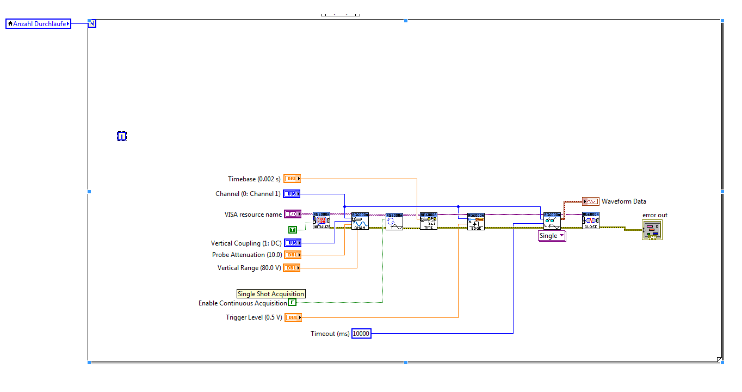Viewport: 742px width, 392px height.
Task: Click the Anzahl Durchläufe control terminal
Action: [38, 24]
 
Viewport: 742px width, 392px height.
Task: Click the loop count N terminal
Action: [92, 23]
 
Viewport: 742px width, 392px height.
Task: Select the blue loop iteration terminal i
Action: [122, 136]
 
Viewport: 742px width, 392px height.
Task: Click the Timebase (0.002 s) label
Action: [254, 179]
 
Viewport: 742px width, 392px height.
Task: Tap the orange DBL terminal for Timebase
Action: [292, 179]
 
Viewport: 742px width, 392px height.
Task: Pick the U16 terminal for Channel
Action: [292, 194]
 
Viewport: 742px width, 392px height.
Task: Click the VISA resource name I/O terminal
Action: [293, 215]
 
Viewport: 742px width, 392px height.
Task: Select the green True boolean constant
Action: [293, 230]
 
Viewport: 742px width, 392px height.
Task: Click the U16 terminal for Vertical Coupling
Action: [292, 243]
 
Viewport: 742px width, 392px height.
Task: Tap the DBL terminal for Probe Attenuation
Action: [292, 255]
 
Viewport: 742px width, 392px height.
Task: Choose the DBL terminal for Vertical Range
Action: [292, 268]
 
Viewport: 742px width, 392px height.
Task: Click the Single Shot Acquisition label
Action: [271, 294]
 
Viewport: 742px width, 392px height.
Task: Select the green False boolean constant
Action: [292, 303]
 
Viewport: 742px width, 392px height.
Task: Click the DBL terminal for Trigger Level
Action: [293, 317]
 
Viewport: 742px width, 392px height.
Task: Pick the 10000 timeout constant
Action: [361, 334]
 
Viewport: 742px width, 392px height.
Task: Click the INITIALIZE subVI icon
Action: [321, 221]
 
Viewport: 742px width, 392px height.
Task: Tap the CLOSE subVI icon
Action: [590, 220]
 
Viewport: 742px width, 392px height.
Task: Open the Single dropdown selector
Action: [552, 236]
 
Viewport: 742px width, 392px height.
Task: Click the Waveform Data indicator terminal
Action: [590, 201]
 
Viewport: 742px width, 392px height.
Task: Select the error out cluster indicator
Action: [652, 230]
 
